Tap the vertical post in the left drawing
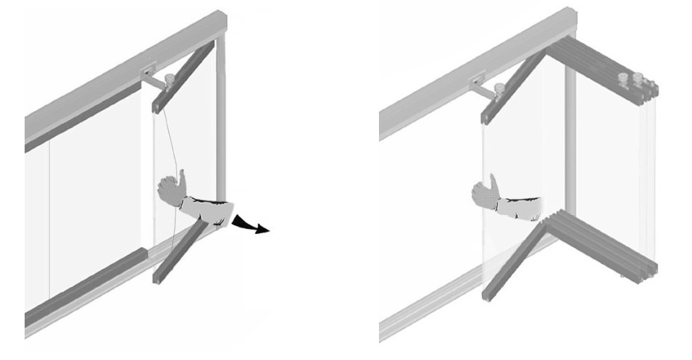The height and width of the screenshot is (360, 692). pos(220,130)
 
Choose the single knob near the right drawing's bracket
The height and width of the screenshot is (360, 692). pos(499,88)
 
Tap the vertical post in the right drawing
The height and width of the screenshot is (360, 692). pos(570,145)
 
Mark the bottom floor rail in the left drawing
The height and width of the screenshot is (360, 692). pos(109,297)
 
